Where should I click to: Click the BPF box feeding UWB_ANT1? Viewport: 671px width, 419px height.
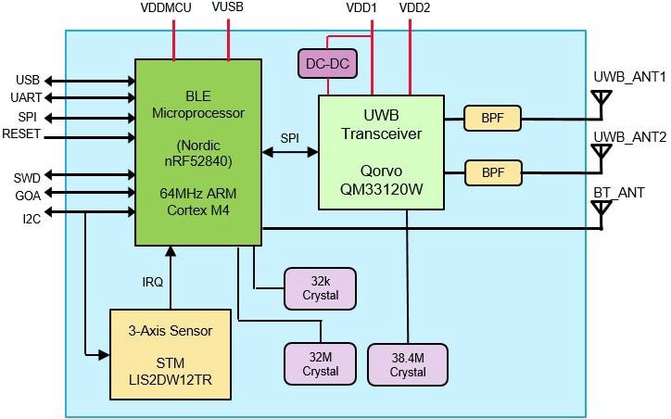[491, 118]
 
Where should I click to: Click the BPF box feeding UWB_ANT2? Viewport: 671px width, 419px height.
[491, 172]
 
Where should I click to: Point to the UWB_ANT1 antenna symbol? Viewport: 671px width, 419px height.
[601, 98]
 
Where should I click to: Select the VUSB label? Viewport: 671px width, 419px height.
[228, 8]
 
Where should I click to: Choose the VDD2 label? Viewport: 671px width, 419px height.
[413, 8]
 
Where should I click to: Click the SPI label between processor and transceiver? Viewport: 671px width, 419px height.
[290, 138]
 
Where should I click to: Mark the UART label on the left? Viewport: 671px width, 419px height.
[23, 97]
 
